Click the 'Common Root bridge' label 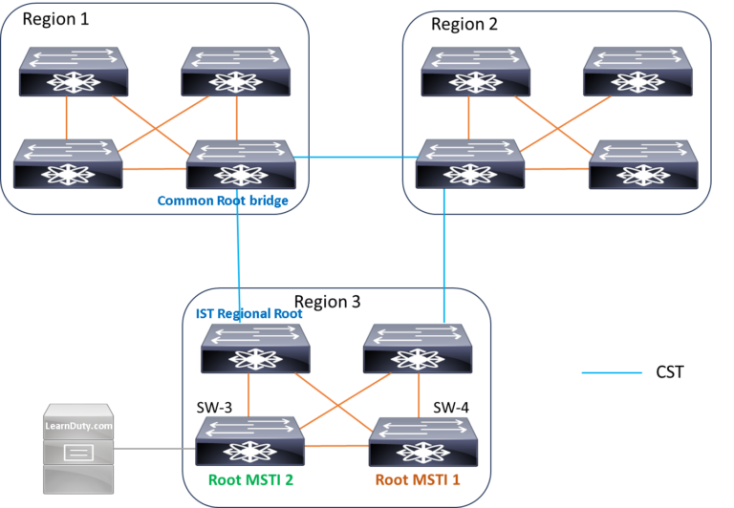223,201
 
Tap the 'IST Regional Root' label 243,313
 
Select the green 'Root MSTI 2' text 250,479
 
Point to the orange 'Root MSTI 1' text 417,479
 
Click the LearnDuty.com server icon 78,449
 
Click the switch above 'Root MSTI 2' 250,440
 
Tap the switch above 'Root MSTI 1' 422,440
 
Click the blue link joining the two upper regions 356,158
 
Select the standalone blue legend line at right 612,372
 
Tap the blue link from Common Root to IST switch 237,258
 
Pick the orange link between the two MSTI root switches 336,446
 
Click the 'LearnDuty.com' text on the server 78,426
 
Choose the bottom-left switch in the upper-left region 68,164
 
